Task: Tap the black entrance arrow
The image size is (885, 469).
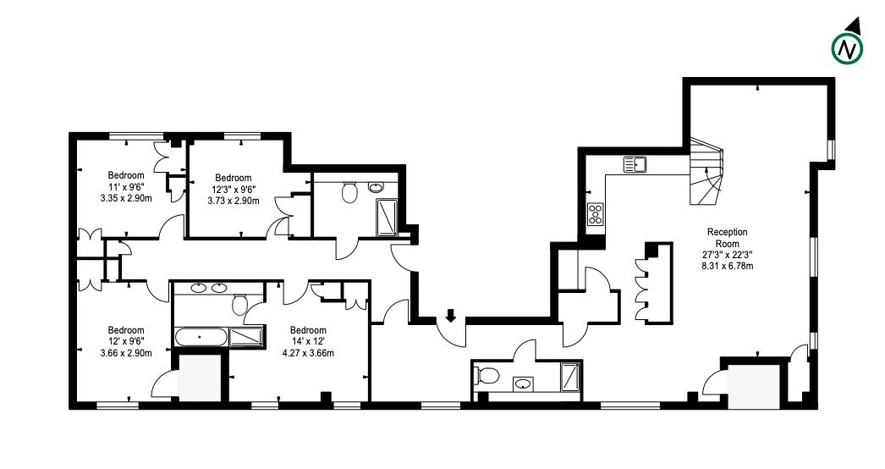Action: coord(450,316)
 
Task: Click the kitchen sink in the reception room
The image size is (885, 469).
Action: coord(635,164)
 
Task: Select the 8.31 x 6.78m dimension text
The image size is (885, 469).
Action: coord(728,265)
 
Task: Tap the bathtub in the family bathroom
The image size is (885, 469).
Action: coord(201,337)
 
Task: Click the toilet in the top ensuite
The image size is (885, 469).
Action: coord(349,195)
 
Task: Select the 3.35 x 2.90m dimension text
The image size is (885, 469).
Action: coord(125,199)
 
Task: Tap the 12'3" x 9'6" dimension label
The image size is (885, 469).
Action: coord(234,189)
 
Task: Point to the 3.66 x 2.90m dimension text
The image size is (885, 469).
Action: coord(125,352)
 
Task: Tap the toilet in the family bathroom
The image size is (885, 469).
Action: coord(239,304)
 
